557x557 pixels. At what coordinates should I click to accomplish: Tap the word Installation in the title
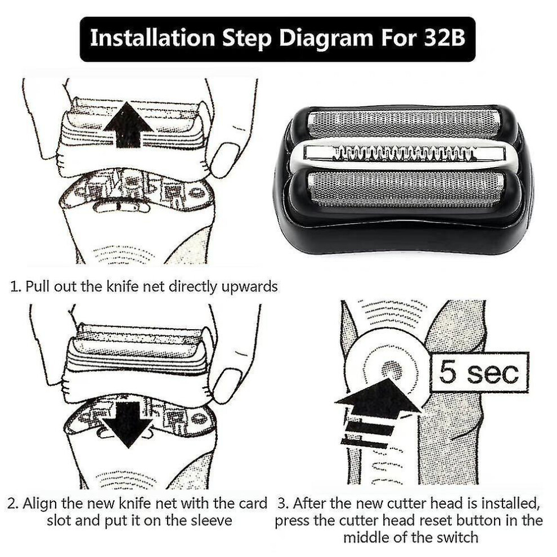tap(152, 38)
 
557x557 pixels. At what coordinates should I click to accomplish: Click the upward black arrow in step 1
tap(128, 125)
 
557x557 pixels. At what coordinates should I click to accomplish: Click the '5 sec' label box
tap(479, 372)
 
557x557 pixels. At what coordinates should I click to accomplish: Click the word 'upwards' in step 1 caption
tap(249, 286)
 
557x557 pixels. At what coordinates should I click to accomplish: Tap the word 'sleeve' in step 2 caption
tap(212, 521)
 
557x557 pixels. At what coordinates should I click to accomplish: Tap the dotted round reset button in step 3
tap(392, 370)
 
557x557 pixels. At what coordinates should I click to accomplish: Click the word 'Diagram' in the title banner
tap(326, 38)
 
